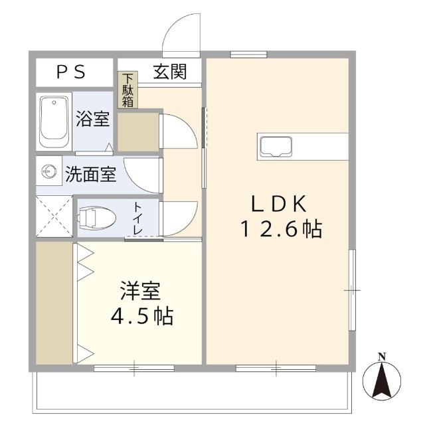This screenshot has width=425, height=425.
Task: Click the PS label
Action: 71,72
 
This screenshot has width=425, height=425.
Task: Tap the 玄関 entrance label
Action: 170,72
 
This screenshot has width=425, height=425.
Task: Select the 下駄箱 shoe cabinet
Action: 127,90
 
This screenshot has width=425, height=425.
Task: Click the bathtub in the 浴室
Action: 54,122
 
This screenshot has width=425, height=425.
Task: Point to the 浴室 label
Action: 93,119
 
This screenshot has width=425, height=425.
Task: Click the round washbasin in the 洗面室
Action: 49,171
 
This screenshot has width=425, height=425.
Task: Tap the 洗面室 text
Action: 91,174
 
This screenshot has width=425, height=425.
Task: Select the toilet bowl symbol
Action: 96,218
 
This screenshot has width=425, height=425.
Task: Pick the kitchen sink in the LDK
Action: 276,147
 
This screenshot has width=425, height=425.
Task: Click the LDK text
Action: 279,204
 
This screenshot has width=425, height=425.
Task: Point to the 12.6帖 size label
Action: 282,229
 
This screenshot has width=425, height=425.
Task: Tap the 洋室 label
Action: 140,291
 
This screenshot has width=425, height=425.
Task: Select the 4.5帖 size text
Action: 142,316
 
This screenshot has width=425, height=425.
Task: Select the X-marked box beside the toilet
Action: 54,216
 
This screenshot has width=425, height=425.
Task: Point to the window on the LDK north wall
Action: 248,54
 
